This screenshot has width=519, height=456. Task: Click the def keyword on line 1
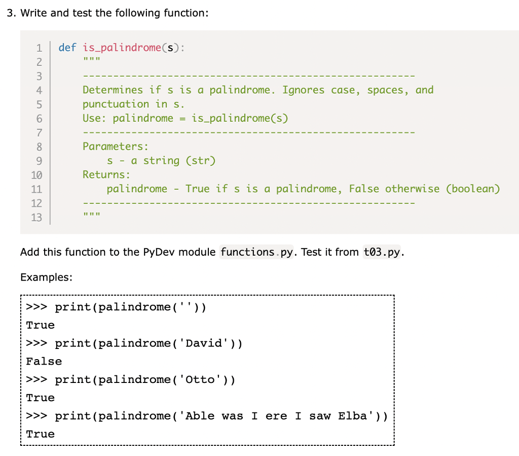pos(67,48)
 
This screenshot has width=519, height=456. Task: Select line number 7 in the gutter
pos(39,132)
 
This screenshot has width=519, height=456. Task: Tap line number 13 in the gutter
pos(36,218)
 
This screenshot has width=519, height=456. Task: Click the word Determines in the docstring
pos(113,90)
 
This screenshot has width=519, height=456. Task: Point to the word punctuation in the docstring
pos(116,104)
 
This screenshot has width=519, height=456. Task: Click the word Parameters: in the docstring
pos(116,147)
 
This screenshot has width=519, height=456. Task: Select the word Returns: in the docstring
pos(106,175)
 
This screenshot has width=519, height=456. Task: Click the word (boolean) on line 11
pos(472,189)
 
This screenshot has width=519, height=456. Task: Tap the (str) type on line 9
pos(201,161)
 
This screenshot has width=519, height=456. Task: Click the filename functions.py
pos(257,252)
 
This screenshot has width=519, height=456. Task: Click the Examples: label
pos(46,277)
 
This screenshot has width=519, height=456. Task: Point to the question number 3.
pos(10,13)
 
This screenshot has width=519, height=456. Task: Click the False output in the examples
pos(44,362)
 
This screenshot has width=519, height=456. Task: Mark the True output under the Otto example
pos(41,398)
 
